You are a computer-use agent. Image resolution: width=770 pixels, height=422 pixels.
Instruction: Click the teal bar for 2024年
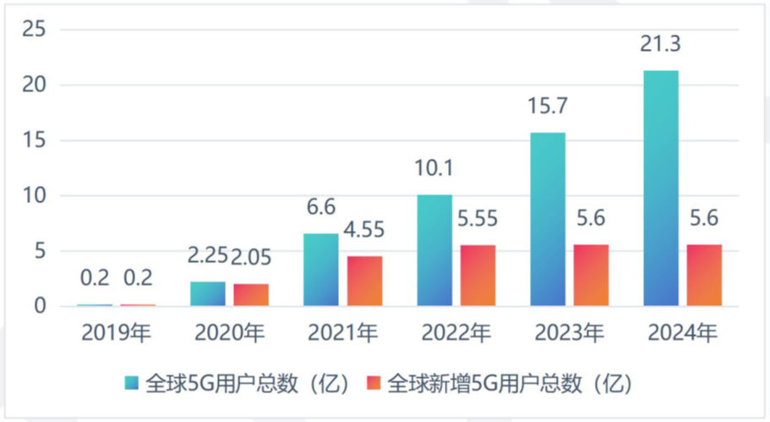coord(660,188)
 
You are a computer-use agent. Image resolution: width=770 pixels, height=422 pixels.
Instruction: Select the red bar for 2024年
coord(704,275)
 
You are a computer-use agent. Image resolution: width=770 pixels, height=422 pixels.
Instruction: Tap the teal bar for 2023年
coord(547,219)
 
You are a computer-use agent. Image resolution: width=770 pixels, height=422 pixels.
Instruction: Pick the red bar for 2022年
coord(478,275)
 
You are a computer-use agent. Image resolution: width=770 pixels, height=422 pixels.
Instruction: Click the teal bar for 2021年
coord(320,270)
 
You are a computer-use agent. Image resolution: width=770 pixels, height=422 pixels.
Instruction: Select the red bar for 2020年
coord(251,294)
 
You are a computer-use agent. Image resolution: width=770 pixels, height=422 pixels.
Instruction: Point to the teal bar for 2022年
coord(434,250)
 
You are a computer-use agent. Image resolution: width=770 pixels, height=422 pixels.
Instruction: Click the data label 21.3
coord(660,42)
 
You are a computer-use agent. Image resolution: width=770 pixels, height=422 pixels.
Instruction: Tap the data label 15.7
coord(547,107)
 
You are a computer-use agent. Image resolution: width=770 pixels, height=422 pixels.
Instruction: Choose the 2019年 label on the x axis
coord(116,333)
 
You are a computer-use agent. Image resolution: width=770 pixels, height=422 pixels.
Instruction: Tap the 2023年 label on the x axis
coord(569,333)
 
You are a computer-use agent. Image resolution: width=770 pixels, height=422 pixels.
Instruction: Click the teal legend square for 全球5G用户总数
coord(132,383)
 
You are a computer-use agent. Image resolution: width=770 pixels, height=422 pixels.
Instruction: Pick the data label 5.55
coord(478,219)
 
